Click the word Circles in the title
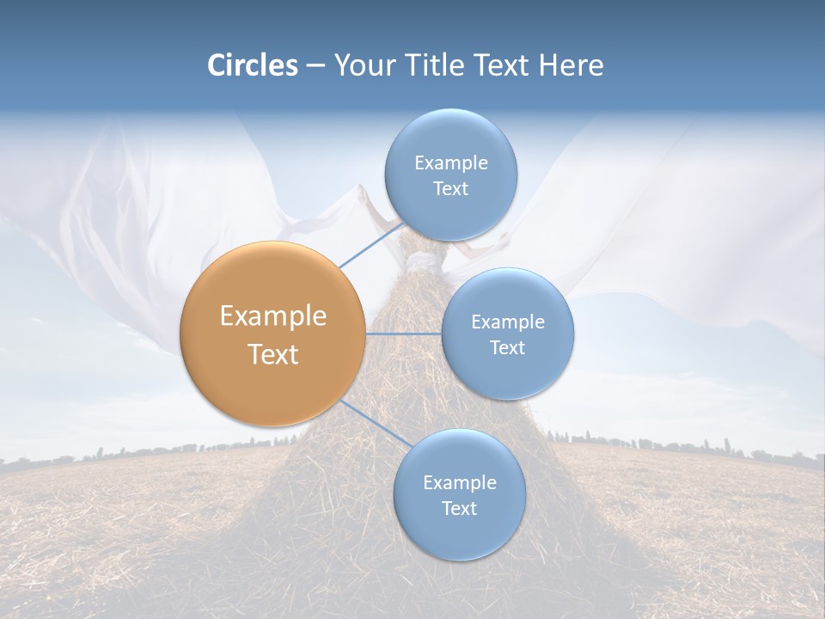coord(252,65)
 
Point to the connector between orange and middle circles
coord(404,334)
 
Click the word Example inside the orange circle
coord(272,316)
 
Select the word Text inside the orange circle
coord(272,354)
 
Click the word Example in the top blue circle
coord(450,163)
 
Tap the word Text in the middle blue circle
coord(507,347)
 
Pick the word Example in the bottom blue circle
coord(459,483)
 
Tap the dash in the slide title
coord(315,66)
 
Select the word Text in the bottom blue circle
coord(459,508)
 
